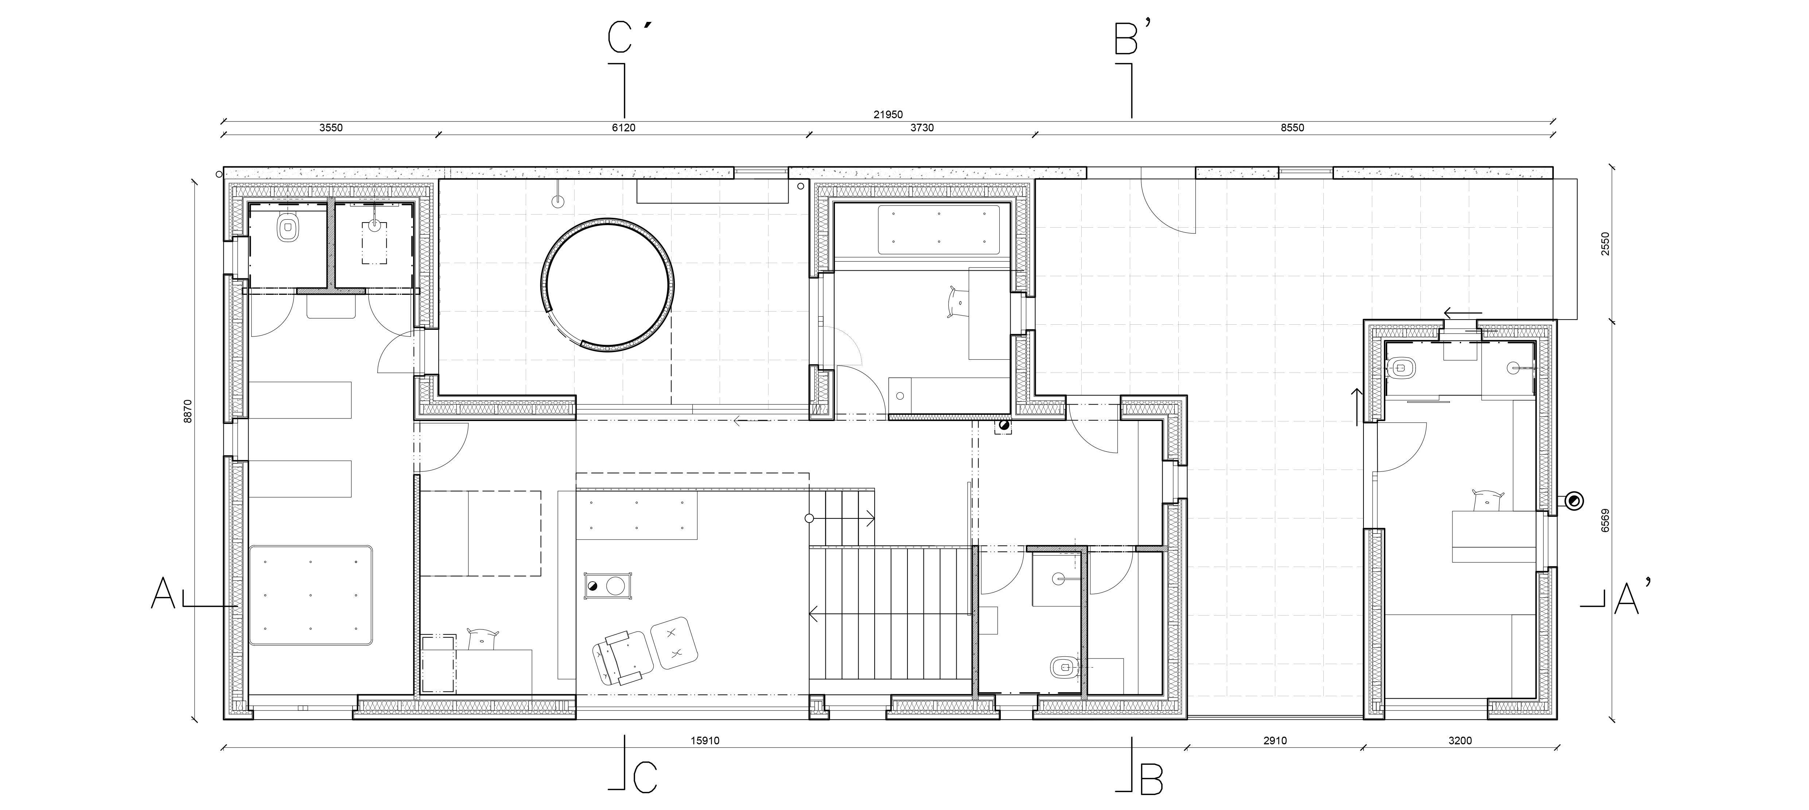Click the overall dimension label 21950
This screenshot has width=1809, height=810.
click(x=888, y=115)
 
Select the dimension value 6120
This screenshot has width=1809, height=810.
click(x=624, y=128)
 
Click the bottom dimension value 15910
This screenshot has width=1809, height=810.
click(x=705, y=740)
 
